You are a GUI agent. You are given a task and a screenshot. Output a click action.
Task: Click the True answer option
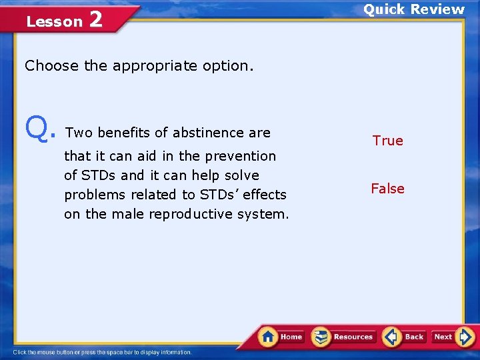click(387, 141)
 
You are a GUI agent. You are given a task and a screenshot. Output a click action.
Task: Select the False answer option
click(387, 189)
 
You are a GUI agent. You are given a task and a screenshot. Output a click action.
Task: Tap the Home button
click(282, 337)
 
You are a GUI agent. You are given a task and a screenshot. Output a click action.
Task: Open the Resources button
click(344, 337)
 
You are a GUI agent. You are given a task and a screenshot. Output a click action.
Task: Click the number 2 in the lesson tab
click(95, 20)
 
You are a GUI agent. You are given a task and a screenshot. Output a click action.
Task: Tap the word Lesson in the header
click(54, 21)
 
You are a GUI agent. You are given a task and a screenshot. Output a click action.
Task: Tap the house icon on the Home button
click(268, 337)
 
